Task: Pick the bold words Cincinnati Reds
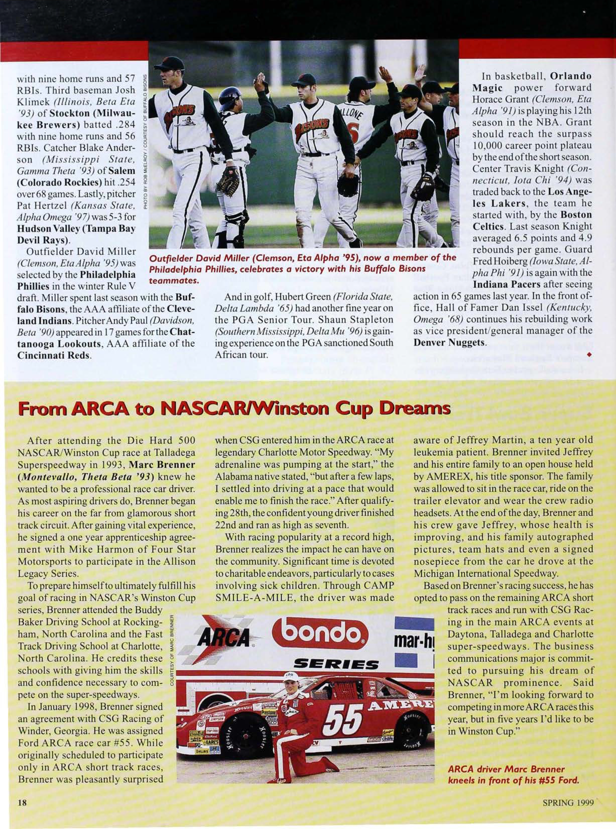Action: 54,354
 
